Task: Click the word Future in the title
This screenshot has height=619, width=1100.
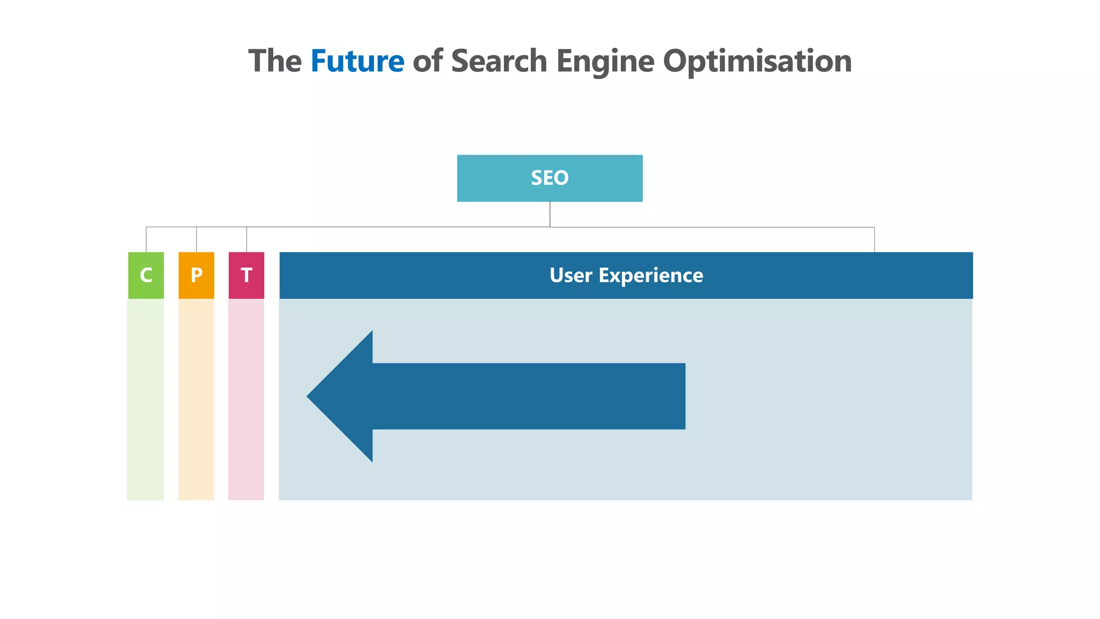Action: (x=357, y=61)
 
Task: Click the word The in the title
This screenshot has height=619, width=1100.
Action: (x=274, y=61)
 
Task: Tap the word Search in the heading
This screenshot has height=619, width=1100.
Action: (x=499, y=61)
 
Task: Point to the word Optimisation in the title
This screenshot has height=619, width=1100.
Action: (x=757, y=61)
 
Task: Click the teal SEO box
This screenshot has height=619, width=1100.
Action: (x=549, y=178)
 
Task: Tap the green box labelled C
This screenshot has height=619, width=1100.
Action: (x=146, y=275)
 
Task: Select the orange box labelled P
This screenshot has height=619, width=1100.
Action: (x=196, y=275)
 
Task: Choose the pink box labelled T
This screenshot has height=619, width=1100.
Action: (x=247, y=275)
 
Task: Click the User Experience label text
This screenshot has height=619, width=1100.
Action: (x=626, y=275)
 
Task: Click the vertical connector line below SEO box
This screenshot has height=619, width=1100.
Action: (x=550, y=214)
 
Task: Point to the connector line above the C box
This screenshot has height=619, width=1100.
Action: (x=146, y=240)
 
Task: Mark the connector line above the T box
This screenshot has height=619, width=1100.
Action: (x=247, y=240)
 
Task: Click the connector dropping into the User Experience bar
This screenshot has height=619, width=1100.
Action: (x=874, y=240)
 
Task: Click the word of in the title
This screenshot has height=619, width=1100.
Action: (x=428, y=61)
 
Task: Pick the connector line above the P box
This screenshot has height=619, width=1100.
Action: (x=197, y=240)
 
